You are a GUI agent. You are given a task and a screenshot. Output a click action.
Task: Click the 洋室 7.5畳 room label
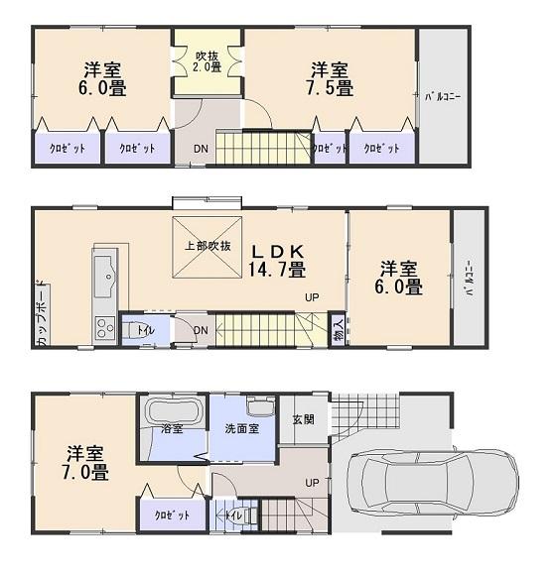click(x=330, y=79)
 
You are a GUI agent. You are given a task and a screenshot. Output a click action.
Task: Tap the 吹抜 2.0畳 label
click(x=207, y=61)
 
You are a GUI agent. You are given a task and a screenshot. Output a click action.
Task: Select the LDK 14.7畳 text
click(x=283, y=259)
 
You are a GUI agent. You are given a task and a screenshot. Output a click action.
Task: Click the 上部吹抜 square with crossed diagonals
click(x=207, y=245)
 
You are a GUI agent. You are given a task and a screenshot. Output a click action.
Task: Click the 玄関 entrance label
click(x=304, y=419)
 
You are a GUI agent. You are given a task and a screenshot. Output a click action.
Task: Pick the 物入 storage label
click(x=338, y=327)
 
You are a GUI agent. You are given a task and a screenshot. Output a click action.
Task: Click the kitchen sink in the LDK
click(x=104, y=274)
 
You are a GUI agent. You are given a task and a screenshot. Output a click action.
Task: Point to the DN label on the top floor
click(x=200, y=149)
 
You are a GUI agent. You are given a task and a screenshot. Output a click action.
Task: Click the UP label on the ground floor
click(x=311, y=483)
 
